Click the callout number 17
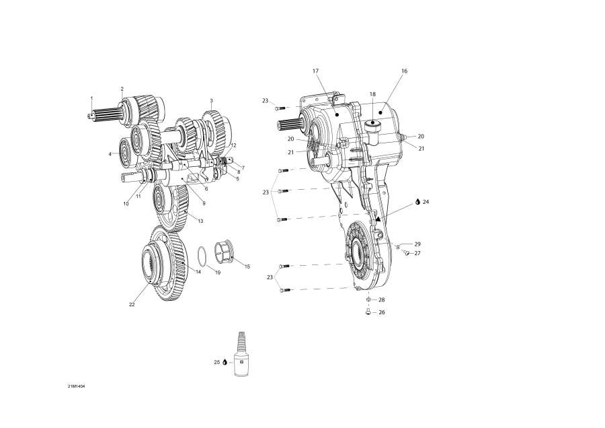click(x=315, y=71)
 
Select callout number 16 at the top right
click(x=404, y=71)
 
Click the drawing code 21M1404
click(x=76, y=387)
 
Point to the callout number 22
click(x=132, y=305)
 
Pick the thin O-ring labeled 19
click(x=201, y=257)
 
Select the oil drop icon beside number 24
click(x=417, y=201)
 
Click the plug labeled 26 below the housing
click(x=369, y=312)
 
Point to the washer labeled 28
click(x=369, y=299)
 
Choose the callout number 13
click(x=200, y=221)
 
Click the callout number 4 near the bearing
click(x=110, y=154)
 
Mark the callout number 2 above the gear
click(x=122, y=89)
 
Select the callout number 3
click(x=211, y=100)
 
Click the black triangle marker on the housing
click(x=378, y=219)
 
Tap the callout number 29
click(x=417, y=244)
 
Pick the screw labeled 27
click(x=407, y=253)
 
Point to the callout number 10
click(x=125, y=204)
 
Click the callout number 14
click(x=198, y=272)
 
